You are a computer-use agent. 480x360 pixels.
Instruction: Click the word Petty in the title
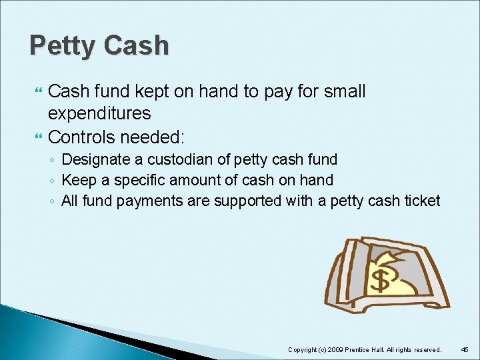61,46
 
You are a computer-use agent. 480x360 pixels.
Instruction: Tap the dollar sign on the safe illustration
379,281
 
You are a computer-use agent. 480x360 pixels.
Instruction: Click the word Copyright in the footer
303,349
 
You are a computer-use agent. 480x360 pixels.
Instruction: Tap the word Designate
92,159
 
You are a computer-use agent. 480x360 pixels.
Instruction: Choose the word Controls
81,137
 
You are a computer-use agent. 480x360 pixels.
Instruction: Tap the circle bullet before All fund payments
53,201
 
